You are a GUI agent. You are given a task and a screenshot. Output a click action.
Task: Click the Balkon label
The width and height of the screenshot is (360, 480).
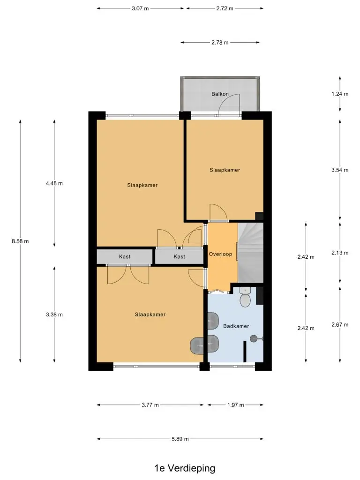pyautogui.click(x=220, y=94)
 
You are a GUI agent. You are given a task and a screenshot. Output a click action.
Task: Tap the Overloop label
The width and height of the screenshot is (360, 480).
pyautogui.click(x=220, y=254)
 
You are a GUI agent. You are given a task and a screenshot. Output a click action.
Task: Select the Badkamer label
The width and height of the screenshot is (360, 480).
pyautogui.click(x=236, y=326)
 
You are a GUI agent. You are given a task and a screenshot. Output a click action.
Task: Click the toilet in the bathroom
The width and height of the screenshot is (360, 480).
pyautogui.click(x=245, y=297)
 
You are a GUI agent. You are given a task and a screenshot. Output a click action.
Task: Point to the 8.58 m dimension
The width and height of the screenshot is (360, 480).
pyautogui.click(x=20, y=241)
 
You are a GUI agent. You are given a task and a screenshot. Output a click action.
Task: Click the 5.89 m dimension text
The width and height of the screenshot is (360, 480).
pyautogui.click(x=180, y=439)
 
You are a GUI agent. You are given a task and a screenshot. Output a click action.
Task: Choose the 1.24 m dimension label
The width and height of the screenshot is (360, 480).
pyautogui.click(x=340, y=94)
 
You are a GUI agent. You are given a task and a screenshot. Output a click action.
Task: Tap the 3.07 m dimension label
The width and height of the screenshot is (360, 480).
pyautogui.click(x=140, y=8)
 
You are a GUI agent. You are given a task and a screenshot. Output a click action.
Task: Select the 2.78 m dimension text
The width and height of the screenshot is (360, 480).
pyautogui.click(x=220, y=43)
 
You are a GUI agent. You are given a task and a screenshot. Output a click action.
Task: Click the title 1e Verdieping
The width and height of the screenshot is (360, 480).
pyautogui.click(x=185, y=468)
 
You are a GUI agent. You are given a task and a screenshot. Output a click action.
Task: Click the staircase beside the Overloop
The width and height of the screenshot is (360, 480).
pyautogui.click(x=250, y=253)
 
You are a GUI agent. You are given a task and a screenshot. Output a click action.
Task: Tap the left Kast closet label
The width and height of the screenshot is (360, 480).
pyautogui.click(x=125, y=256)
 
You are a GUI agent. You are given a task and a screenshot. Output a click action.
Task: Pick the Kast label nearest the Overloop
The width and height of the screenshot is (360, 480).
pyautogui.click(x=180, y=256)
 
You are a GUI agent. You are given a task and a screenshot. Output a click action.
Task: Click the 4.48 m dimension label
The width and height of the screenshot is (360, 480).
pyautogui.click(x=54, y=183)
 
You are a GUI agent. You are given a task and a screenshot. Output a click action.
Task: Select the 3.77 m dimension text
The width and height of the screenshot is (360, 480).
pyautogui.click(x=150, y=405)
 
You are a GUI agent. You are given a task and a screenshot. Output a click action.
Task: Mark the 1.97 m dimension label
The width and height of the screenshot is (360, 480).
pyautogui.click(x=235, y=405)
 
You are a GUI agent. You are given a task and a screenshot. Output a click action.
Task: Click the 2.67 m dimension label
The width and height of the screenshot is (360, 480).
pyautogui.click(x=340, y=325)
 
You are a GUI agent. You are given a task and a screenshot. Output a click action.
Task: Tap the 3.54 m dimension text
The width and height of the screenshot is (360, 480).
pyautogui.click(x=340, y=170)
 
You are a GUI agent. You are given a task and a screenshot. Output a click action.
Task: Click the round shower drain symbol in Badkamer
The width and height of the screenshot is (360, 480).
pyautogui.click(x=254, y=338)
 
